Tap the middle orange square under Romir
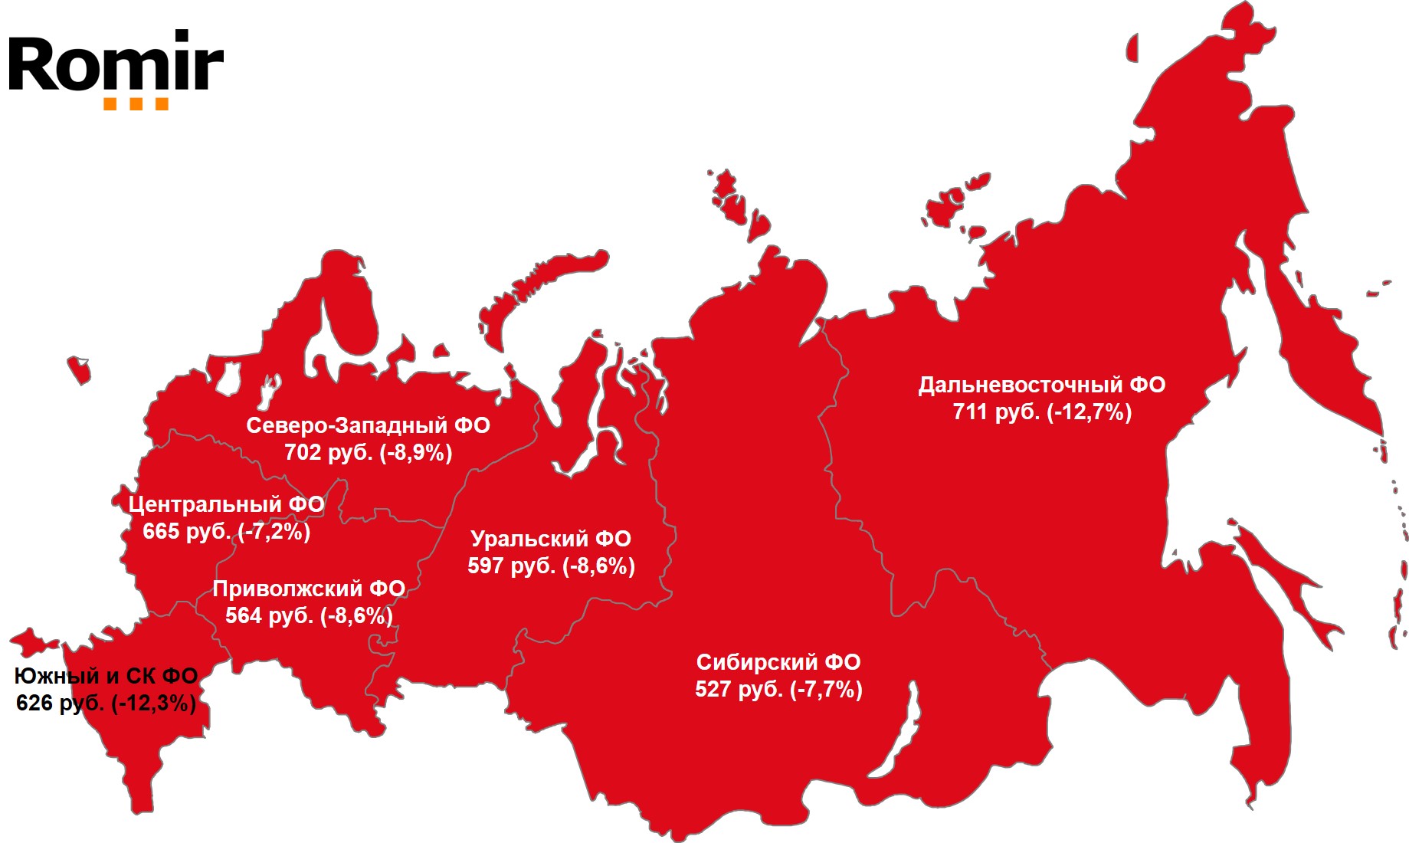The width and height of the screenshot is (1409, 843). [136, 104]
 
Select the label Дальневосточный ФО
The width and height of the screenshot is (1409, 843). [1042, 385]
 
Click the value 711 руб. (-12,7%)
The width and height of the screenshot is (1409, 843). [1042, 412]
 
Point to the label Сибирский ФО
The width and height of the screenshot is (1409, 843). [778, 662]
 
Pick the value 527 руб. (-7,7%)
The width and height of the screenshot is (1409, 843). [778, 690]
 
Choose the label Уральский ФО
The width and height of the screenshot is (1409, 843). [551, 539]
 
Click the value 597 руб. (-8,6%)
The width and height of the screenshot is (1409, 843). [551, 566]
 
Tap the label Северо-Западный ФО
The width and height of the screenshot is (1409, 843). [368, 425]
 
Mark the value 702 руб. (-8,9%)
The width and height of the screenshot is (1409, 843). [368, 453]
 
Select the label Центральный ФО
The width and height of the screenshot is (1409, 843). [226, 504]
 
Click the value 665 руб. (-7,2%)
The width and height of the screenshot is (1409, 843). [226, 531]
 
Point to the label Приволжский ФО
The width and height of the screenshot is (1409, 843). [309, 589]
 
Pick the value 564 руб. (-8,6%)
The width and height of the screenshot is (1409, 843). [309, 615]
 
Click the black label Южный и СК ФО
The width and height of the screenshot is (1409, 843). [106, 676]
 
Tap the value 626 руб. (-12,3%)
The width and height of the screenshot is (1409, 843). [106, 703]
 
